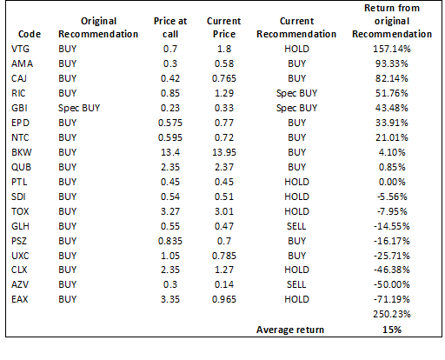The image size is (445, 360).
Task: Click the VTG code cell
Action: (x=20, y=49)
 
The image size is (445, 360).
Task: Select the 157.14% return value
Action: (x=392, y=49)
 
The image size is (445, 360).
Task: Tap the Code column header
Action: (x=30, y=34)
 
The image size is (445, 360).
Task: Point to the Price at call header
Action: (x=170, y=28)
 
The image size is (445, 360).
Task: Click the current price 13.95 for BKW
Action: (x=224, y=152)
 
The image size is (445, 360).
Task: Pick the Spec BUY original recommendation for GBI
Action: (x=79, y=108)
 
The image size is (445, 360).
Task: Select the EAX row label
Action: (x=20, y=299)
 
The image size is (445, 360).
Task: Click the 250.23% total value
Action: (x=392, y=314)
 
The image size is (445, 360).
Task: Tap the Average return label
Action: (x=290, y=330)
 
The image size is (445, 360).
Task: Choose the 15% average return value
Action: (x=392, y=330)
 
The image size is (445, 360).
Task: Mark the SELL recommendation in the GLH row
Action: (x=296, y=226)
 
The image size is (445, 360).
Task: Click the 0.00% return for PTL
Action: (x=392, y=182)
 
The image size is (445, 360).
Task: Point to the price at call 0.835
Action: (x=170, y=241)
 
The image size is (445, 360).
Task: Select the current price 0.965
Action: (x=224, y=299)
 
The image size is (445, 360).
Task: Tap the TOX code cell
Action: (x=20, y=211)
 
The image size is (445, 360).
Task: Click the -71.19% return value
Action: (x=392, y=299)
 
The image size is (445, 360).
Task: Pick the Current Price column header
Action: (x=224, y=28)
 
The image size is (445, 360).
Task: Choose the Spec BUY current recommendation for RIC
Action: (x=296, y=93)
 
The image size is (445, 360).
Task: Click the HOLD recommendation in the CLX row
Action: (x=296, y=270)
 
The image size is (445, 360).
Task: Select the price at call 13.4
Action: (x=170, y=152)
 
